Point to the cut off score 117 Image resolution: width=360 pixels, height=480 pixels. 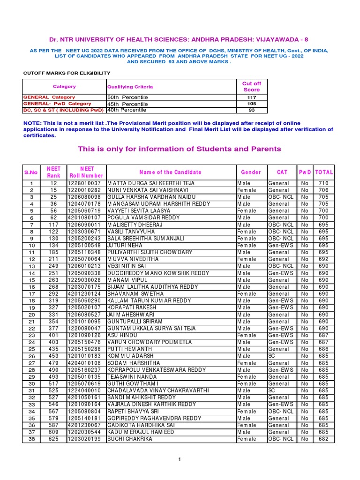click(x=251, y=97)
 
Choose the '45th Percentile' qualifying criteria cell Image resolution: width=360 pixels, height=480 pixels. click(x=127, y=104)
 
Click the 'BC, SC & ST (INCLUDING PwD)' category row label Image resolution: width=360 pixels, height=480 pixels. click(x=64, y=110)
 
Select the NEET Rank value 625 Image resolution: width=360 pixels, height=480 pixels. click(x=54, y=439)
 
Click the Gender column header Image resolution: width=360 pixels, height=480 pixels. click(x=251, y=172)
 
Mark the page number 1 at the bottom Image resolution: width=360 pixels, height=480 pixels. click(x=180, y=459)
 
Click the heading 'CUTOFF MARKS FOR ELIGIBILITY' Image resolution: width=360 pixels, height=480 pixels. click(x=67, y=73)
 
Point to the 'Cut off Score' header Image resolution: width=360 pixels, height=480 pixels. click(x=251, y=86)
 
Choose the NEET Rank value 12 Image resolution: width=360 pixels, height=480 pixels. click(x=54, y=183)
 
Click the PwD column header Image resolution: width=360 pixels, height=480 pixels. click(x=305, y=172)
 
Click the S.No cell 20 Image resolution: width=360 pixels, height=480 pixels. click(x=32, y=315)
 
